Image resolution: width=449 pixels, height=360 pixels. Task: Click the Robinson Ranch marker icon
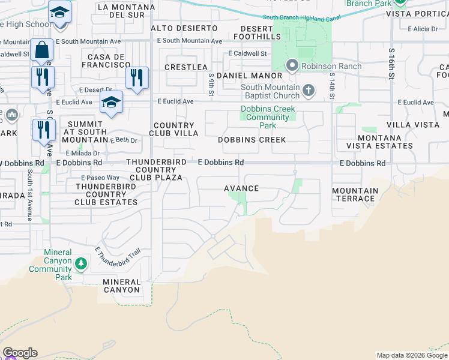(x=292, y=65)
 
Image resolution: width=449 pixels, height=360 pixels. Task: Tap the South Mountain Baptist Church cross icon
(x=309, y=91)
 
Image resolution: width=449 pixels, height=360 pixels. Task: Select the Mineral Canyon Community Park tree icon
(x=80, y=263)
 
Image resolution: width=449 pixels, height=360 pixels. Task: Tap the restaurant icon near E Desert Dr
(x=137, y=77)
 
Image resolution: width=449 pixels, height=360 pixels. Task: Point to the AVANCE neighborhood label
(x=241, y=188)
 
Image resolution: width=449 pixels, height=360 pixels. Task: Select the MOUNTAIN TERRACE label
(x=355, y=194)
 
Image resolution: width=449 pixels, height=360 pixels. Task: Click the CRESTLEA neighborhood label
(x=185, y=67)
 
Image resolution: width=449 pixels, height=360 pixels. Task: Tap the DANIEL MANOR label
(x=249, y=76)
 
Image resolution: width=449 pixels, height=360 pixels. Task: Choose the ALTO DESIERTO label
(x=184, y=28)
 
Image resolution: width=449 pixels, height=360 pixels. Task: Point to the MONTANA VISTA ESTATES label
(x=379, y=142)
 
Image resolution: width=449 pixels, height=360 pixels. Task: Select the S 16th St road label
(x=391, y=65)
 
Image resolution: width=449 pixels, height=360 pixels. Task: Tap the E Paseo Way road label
(x=100, y=178)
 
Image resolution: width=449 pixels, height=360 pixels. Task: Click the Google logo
(x=20, y=353)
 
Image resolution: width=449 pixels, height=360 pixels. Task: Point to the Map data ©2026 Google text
(x=412, y=355)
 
